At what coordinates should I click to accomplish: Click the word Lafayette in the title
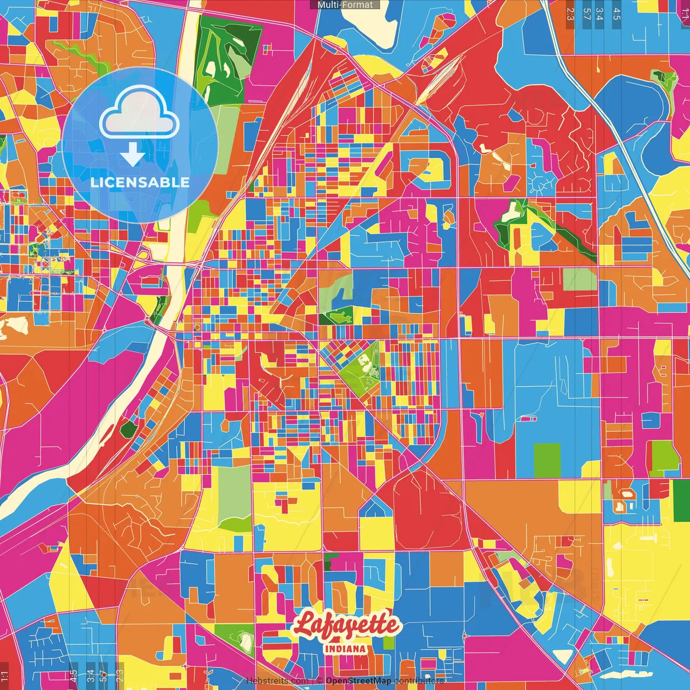pos(347,625)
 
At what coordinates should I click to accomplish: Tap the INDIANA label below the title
pos(345,648)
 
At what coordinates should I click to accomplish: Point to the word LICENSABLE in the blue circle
pos(140,182)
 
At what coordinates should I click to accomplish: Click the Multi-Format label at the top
pos(345,5)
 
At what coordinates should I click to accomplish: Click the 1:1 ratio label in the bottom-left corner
pos(5,676)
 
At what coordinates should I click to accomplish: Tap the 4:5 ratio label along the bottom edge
pos(73,676)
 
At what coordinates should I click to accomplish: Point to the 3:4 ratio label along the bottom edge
pos(91,676)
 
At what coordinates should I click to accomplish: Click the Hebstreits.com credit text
pos(277,681)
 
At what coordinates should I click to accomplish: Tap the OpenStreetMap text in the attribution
pos(358,681)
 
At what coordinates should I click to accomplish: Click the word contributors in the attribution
pos(419,681)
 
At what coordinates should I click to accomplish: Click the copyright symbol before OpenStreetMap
pos(320,681)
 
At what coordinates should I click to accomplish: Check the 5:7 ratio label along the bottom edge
pos(103,675)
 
